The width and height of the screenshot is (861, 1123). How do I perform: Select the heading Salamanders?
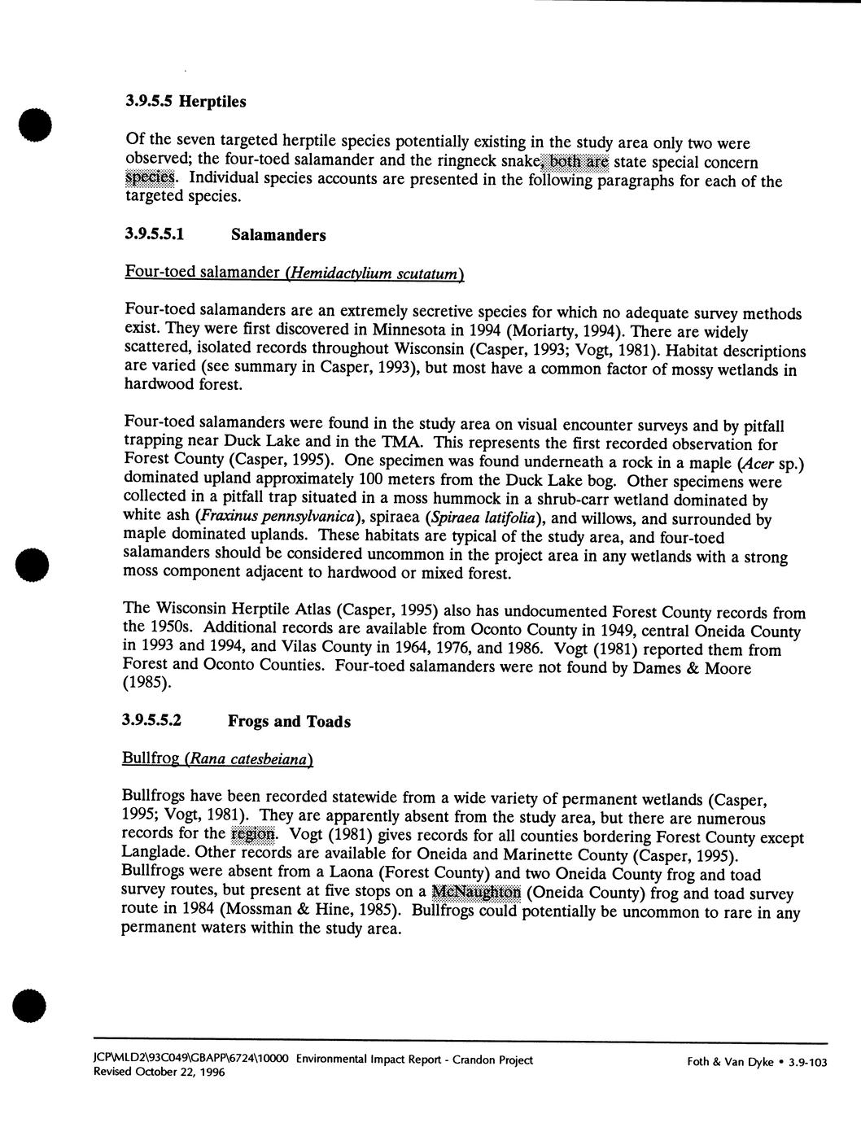tap(278, 235)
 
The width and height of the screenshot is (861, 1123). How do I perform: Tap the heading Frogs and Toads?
tap(289, 722)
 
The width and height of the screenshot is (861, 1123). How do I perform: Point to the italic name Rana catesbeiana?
tap(249, 759)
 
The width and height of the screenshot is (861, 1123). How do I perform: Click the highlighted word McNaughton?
tap(476, 892)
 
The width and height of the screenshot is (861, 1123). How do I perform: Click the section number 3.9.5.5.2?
tap(154, 721)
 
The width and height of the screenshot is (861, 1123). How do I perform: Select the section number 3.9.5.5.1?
tap(155, 235)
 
